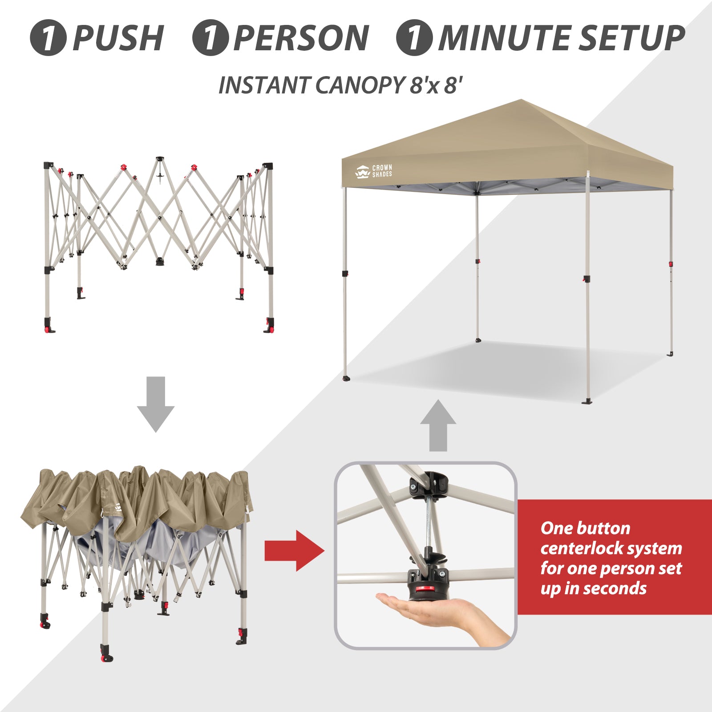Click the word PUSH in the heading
118,38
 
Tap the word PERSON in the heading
301,38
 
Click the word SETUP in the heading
632,38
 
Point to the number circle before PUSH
48,38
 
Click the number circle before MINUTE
414,38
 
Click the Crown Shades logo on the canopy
374,171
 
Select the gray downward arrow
156,404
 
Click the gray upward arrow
438,425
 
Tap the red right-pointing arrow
295,551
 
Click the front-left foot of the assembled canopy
346,379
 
